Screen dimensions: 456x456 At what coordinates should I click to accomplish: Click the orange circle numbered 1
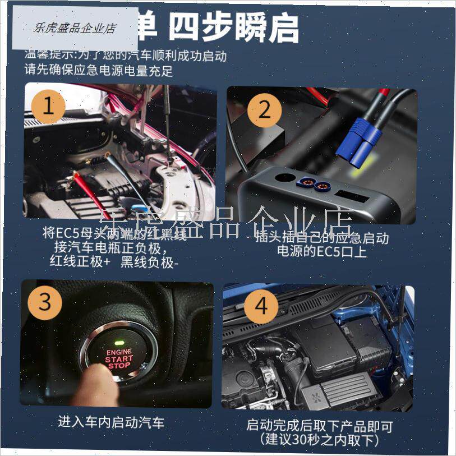pos(48,107)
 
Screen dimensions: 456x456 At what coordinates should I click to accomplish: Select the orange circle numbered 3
pos(45,302)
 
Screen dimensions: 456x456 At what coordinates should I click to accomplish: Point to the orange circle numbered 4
pos(262,307)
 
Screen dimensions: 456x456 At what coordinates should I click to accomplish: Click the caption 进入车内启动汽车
pos(112,422)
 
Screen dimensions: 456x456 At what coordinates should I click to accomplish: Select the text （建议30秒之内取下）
pos(319,441)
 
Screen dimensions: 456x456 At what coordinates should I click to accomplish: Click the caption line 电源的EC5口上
pos(321,252)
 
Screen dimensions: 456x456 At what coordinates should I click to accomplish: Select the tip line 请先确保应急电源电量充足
pos(99,71)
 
